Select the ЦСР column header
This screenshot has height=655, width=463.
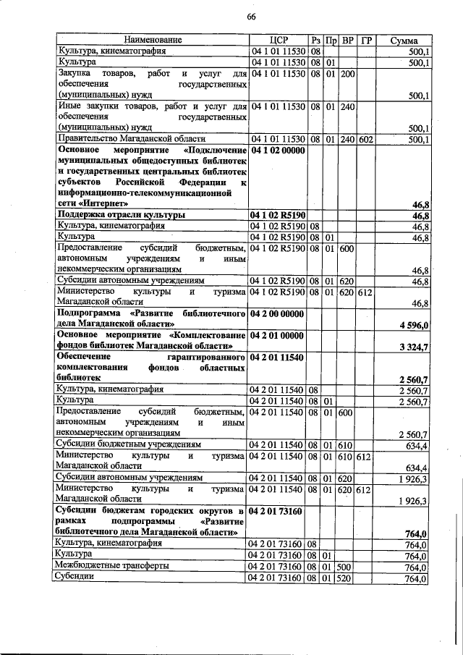click(x=279, y=40)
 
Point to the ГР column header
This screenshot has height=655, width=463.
click(x=365, y=40)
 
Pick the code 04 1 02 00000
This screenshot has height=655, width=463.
click(x=279, y=150)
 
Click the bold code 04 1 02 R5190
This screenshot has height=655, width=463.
click(x=279, y=215)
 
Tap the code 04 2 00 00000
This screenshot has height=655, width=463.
click(x=279, y=315)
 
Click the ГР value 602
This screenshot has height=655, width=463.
click(x=365, y=138)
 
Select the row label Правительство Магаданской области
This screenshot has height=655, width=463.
click(x=132, y=138)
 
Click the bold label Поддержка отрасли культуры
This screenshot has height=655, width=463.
click(x=121, y=215)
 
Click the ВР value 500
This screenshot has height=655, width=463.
click(x=347, y=567)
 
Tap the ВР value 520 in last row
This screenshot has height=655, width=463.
click(x=347, y=578)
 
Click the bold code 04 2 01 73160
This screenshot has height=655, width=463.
click(x=279, y=511)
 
